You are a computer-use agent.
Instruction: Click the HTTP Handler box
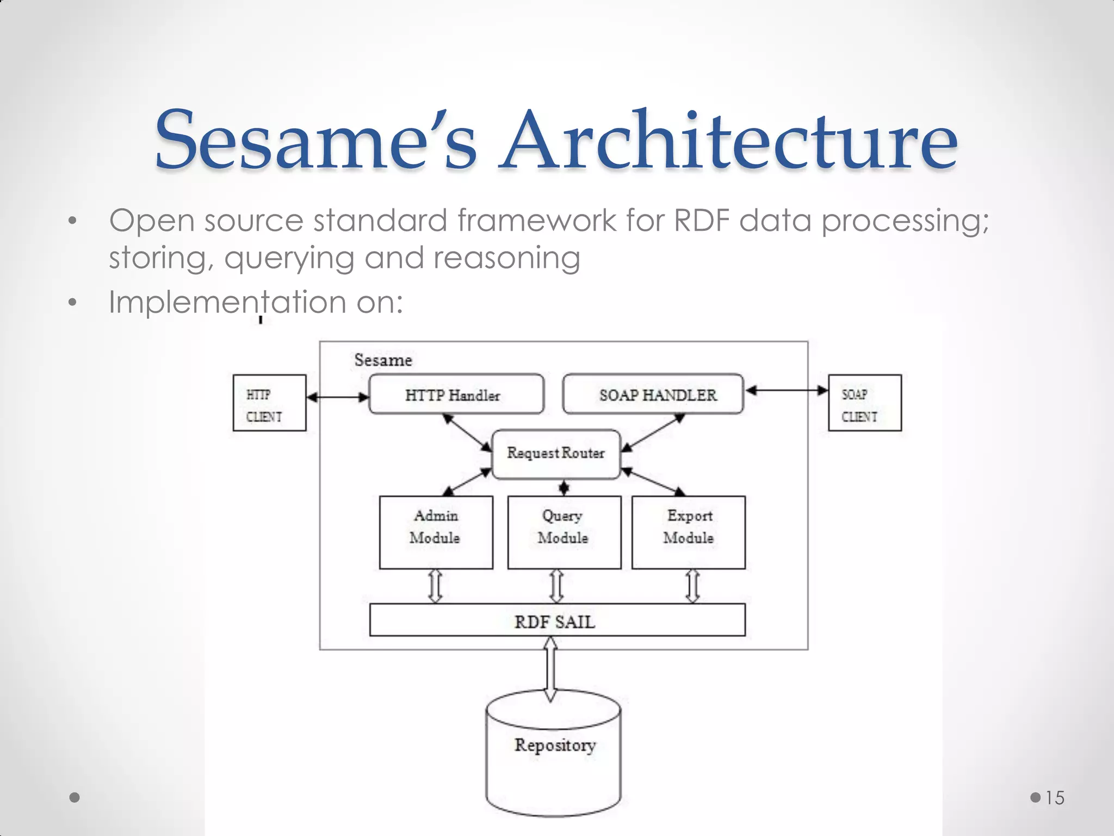pyautogui.click(x=456, y=395)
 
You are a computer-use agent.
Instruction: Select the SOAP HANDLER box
pyautogui.click(x=653, y=395)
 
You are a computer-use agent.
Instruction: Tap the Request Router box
pyautogui.click(x=556, y=454)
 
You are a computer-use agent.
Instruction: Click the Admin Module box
pyautogui.click(x=436, y=532)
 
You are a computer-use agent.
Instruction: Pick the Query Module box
pyautogui.click(x=564, y=532)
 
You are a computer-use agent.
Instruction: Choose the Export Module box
pyautogui.click(x=688, y=532)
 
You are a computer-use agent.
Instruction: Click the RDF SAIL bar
pyautogui.click(x=557, y=620)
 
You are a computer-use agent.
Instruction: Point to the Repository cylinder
pyautogui.click(x=554, y=757)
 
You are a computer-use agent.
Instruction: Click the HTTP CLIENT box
pyautogui.click(x=269, y=403)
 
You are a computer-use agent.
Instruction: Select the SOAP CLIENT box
pyautogui.click(x=864, y=403)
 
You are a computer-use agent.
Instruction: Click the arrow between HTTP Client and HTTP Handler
pyautogui.click(x=338, y=397)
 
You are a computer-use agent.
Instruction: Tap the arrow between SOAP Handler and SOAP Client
pyautogui.click(x=786, y=390)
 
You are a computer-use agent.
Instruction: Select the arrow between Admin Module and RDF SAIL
pyautogui.click(x=435, y=586)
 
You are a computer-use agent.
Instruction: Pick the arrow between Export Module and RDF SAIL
pyautogui.click(x=692, y=586)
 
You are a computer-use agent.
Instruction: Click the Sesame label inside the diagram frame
pyautogui.click(x=383, y=360)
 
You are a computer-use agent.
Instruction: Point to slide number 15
pyautogui.click(x=1054, y=798)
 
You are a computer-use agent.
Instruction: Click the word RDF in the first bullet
pyautogui.click(x=701, y=220)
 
